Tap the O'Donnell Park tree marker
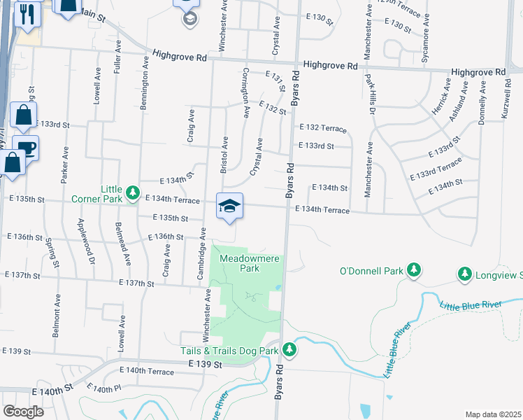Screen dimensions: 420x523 (x=414, y=270)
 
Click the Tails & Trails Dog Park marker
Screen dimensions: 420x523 (x=289, y=349)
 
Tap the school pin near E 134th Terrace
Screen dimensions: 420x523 (x=229, y=206)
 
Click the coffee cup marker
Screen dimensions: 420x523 (x=26, y=148)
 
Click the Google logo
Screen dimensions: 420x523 (x=22, y=411)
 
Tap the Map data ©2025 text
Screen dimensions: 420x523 (x=492, y=414)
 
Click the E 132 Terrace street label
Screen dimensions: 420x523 (x=322, y=128)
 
